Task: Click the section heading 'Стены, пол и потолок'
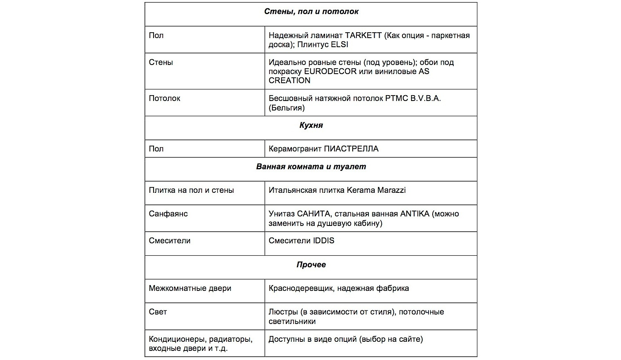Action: point(311,12)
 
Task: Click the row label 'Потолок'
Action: point(164,98)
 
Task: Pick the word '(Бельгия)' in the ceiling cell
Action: point(286,108)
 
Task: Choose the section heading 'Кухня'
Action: point(311,125)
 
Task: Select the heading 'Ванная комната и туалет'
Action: point(311,167)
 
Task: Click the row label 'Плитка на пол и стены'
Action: point(191,190)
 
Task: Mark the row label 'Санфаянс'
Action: point(168,214)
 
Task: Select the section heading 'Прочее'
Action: point(311,265)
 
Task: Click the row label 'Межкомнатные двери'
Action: point(190,288)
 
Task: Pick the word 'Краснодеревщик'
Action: point(301,288)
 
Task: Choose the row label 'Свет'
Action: point(158,312)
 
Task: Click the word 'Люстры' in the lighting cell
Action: point(283,312)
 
